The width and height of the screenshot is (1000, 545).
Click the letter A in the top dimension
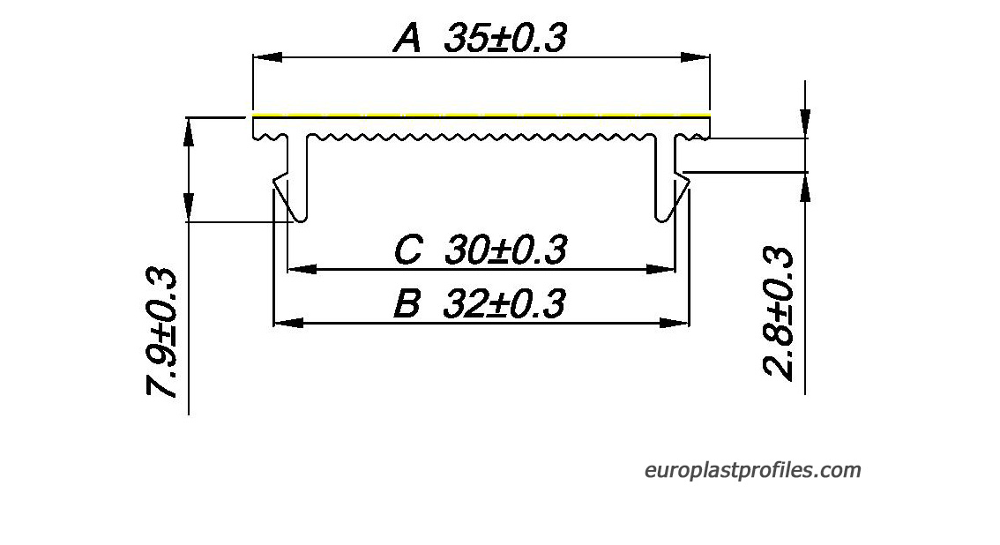407,38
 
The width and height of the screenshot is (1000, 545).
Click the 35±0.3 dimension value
505,38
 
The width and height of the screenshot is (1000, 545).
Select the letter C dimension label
408,250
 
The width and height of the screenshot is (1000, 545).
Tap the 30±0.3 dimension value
506,250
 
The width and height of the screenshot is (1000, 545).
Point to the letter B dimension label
407,303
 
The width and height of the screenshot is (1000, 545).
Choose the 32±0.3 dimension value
504,303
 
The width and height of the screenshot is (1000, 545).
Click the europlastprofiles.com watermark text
752,470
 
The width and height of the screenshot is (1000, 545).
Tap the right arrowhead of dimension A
695,57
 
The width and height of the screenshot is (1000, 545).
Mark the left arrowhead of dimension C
302,269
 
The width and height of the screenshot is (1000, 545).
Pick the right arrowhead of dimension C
660,269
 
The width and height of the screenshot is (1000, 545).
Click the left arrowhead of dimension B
288,323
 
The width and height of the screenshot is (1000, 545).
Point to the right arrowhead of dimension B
674,323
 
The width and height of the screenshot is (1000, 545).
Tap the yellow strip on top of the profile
481,116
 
